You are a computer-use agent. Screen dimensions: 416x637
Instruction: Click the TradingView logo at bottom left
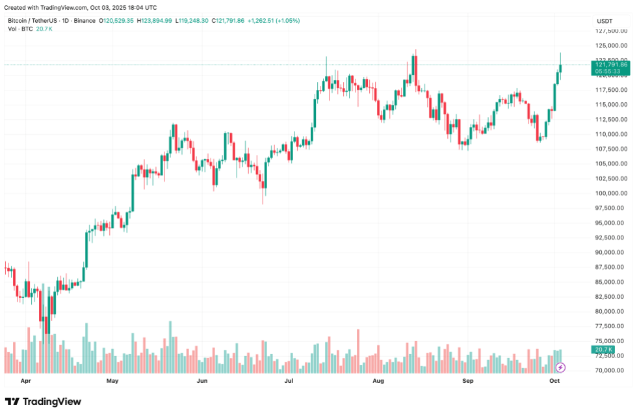point(43,402)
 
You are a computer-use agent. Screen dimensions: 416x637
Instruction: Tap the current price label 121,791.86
point(610,64)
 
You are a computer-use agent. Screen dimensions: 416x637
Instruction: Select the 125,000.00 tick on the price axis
point(611,46)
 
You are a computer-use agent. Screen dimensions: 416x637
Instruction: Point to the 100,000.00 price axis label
point(611,193)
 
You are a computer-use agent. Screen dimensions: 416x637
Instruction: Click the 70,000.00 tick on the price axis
point(611,370)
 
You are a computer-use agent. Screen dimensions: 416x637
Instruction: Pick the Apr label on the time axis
point(25,380)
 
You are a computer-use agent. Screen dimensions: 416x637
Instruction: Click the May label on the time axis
point(112,380)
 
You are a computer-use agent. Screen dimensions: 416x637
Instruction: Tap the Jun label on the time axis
point(201,380)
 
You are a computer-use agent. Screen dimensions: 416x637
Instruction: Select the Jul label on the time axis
point(289,380)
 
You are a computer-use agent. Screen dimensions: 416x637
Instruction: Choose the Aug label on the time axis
point(379,380)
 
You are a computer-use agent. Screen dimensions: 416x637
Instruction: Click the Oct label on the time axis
point(554,380)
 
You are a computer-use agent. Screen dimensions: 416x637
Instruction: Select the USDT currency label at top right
point(604,21)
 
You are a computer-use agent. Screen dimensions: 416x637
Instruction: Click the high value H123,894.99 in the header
point(154,21)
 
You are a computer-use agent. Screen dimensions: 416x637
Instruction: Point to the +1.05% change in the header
point(287,21)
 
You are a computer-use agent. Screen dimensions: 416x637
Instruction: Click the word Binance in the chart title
point(84,21)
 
